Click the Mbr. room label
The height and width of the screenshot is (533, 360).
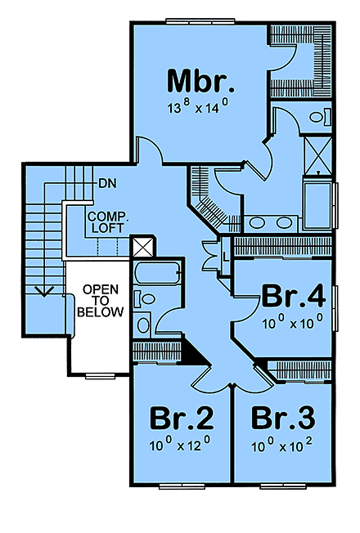point(201,82)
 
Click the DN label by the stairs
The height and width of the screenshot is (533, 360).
point(106,182)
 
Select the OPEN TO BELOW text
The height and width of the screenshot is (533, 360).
point(101,301)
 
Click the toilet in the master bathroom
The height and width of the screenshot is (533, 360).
point(318,117)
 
